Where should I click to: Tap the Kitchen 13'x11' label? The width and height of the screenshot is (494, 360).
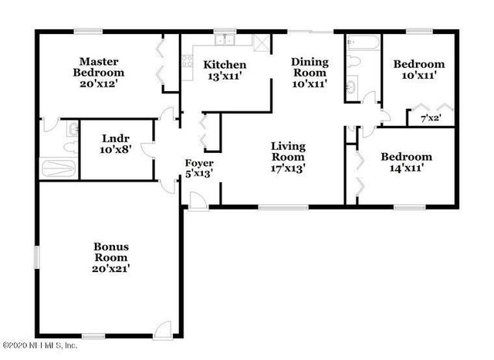(225, 70)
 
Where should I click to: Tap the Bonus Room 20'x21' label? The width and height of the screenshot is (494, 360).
(110, 257)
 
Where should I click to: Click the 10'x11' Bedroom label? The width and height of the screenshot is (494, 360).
(419, 70)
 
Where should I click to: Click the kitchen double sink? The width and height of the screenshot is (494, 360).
(225, 41)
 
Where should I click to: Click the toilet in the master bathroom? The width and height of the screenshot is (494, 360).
(73, 130)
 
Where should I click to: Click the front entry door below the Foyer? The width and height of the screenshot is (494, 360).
(198, 200)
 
